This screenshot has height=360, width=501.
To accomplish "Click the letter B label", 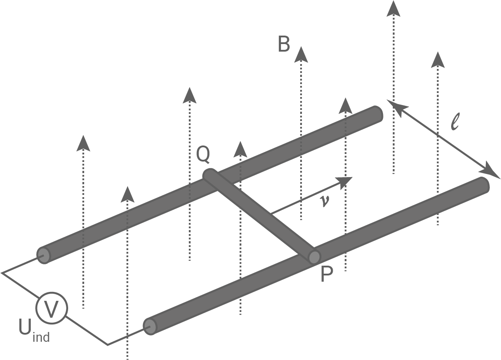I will (x=284, y=44).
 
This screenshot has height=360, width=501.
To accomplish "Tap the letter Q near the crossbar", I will (x=203, y=154).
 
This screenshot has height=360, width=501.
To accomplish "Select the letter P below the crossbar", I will (x=326, y=276).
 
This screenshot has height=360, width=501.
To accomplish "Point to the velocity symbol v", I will (x=325, y=201).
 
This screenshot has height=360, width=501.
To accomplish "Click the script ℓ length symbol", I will (x=455, y=121).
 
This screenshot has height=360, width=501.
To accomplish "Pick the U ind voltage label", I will (x=33, y=330).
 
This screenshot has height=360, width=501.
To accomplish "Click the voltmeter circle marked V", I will (x=52, y=308).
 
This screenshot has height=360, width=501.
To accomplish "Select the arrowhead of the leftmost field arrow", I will (x=83, y=142).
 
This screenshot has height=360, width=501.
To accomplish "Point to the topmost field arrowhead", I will (x=393, y=8).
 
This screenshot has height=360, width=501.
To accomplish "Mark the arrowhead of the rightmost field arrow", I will (x=438, y=59).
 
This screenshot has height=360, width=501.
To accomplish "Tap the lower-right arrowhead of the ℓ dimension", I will (x=492, y=173).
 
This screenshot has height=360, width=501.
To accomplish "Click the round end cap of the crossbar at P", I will (x=314, y=257).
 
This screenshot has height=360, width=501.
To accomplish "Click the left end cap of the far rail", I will (x=44, y=255).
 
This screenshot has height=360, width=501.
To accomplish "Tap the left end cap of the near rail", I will (x=151, y=327).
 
